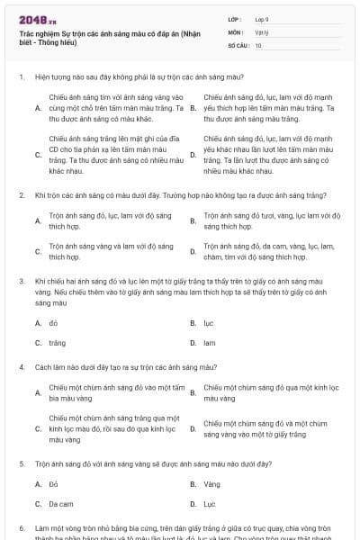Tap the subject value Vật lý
(261, 31)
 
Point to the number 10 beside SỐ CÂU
(258, 44)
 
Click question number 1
(21, 77)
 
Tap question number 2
(21, 194)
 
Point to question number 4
(21, 367)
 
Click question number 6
(21, 527)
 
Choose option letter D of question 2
(193, 251)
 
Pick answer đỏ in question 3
(54, 322)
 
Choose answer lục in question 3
(208, 322)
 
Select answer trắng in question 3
(58, 343)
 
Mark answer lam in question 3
(209, 343)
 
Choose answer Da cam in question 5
(61, 504)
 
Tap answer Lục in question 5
(209, 504)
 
